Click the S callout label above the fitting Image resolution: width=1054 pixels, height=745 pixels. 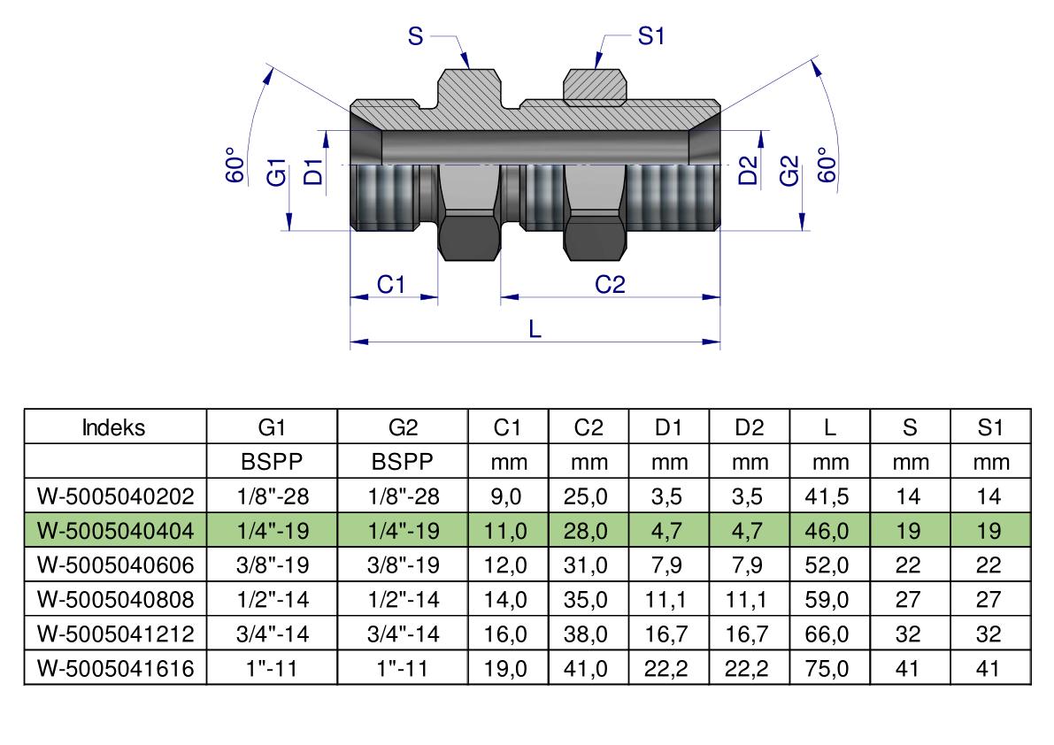415,35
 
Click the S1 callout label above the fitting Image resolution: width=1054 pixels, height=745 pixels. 650,35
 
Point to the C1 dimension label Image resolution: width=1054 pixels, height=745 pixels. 390,285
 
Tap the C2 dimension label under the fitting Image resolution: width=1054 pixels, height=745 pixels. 610,285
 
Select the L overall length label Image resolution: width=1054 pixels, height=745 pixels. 535,329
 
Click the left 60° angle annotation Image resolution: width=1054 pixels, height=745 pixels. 235,165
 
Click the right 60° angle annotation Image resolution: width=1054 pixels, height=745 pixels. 827,165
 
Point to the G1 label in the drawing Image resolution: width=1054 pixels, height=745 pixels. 276,172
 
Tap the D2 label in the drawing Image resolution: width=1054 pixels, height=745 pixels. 748,170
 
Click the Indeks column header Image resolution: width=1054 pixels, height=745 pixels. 113,427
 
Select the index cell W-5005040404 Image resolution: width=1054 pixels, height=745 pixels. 116,531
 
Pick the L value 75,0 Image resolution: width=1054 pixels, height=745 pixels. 827,668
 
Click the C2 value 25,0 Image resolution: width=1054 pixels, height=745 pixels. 586,496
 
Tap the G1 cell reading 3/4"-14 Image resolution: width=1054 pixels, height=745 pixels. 273,634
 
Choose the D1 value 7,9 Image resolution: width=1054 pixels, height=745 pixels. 666,565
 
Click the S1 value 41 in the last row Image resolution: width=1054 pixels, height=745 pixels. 989,668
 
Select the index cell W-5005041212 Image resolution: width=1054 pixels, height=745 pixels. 116,634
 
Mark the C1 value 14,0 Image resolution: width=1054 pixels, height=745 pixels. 505,599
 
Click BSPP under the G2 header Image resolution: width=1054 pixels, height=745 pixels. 403,462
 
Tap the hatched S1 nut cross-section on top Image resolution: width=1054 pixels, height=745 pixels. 595,88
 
